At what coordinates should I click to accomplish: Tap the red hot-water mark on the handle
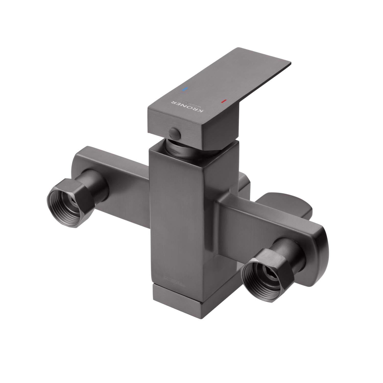pyautogui.click(x=223, y=101)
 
